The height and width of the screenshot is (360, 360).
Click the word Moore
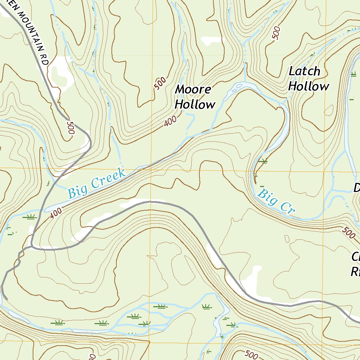[x=193, y=89]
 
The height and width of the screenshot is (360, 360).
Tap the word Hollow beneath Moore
[x=195, y=104]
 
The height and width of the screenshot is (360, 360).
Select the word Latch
[x=304, y=71]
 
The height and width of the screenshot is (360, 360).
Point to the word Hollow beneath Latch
[x=309, y=86]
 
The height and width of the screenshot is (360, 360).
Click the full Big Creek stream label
[x=97, y=183]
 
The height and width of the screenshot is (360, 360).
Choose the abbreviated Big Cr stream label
[x=276, y=201]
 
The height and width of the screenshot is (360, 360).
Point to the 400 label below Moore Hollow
[x=170, y=122]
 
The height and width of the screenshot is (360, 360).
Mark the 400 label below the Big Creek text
[x=56, y=213]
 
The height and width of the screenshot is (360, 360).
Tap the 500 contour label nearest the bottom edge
[x=251, y=355]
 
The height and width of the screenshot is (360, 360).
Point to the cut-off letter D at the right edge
[x=356, y=188]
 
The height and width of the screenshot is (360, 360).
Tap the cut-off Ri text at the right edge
[x=355, y=271]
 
